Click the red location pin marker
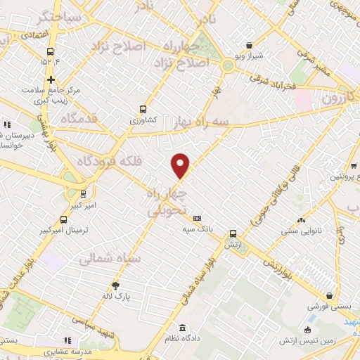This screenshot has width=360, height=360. click(181, 165)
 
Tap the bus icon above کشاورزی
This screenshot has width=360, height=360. click(143, 109)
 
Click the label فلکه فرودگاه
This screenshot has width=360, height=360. click(112, 161)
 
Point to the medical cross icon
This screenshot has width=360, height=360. click(51, 79)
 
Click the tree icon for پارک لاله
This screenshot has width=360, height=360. click(116, 285)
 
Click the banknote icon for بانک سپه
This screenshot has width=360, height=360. click(197, 219)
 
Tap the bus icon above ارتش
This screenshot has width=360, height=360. click(233, 234)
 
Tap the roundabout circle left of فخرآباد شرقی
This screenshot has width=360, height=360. click(228, 66)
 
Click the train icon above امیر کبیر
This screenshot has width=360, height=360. click(84, 193)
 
